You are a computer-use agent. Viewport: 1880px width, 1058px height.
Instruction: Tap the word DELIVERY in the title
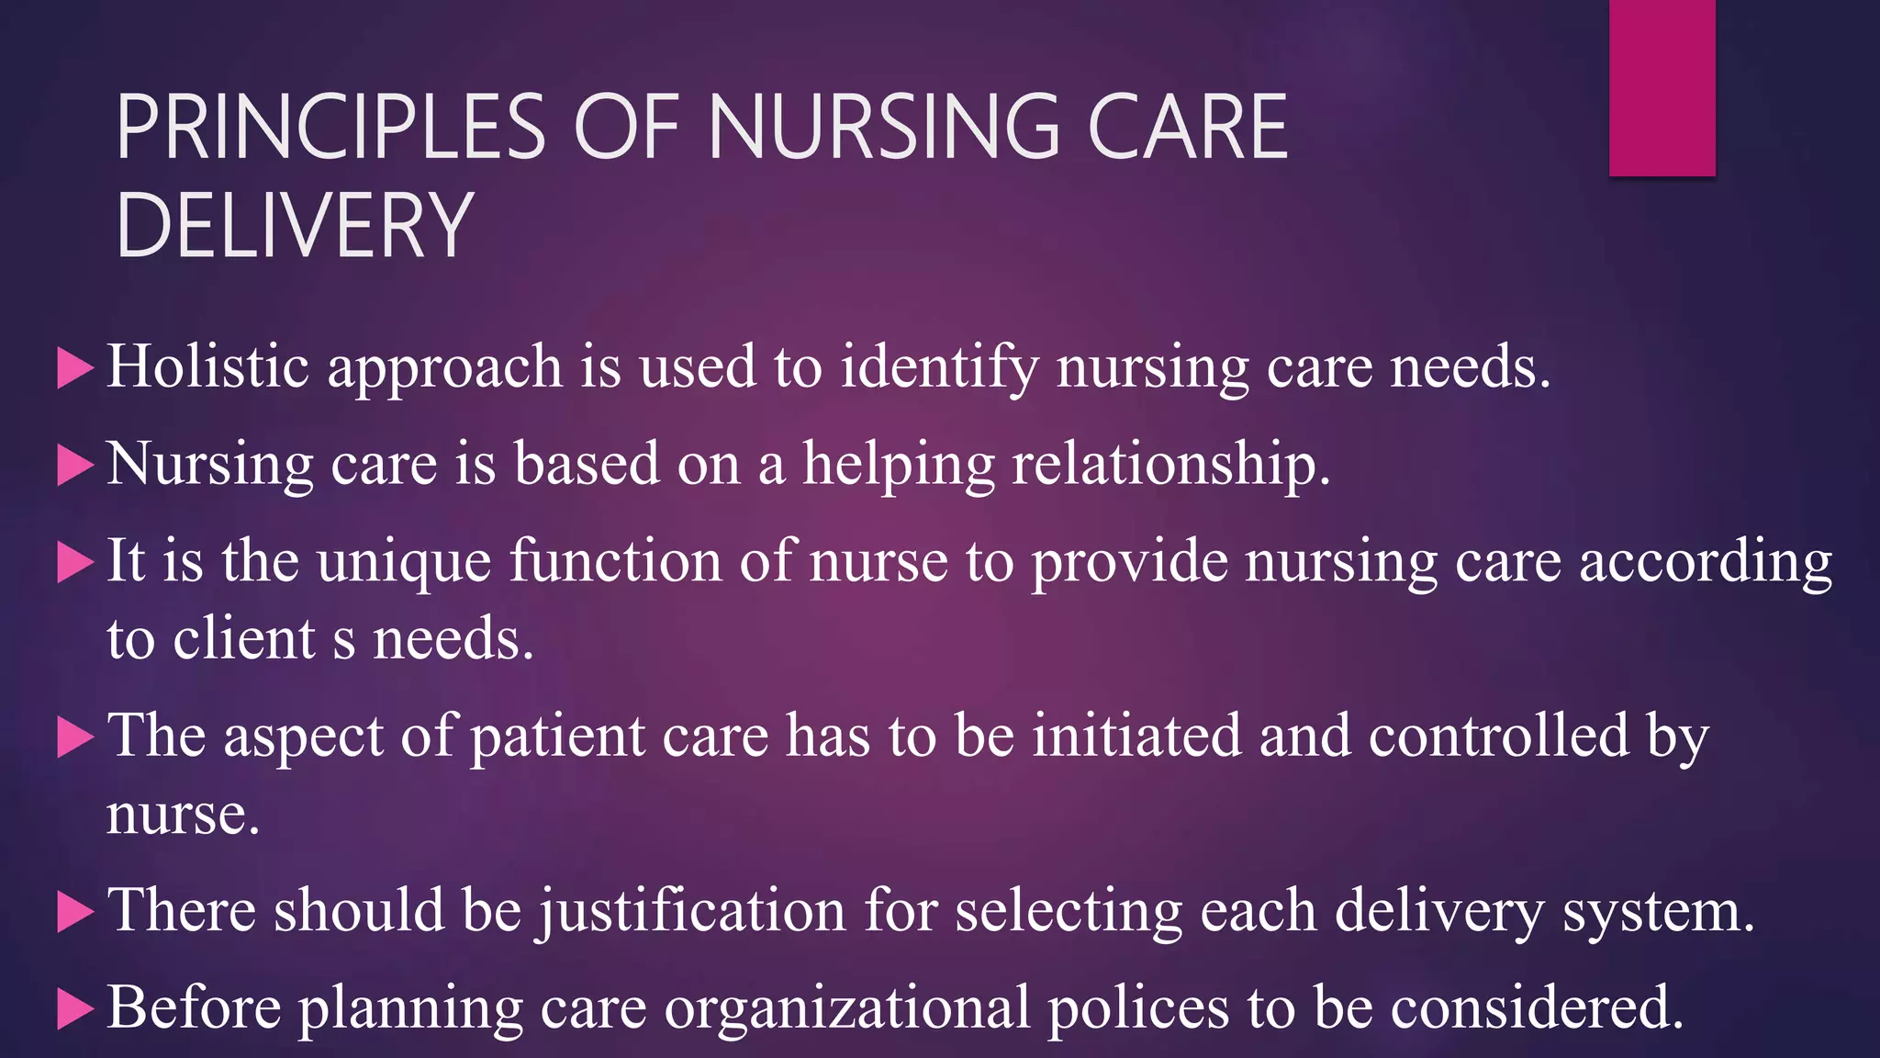[294, 225]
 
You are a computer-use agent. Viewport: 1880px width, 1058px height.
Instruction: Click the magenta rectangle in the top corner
[1662, 87]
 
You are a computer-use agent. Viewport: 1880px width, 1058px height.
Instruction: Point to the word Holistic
[207, 366]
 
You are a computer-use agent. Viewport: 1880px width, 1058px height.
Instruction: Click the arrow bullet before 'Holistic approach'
[75, 368]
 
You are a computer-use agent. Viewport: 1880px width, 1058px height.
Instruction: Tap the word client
[244, 638]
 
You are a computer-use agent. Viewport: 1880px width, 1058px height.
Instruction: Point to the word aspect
[303, 737]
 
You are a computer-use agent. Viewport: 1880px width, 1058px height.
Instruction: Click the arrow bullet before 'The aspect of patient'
[75, 737]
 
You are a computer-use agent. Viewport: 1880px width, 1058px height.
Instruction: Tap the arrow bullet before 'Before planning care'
[75, 1009]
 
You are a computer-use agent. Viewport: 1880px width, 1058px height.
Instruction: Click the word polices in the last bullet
[1138, 1007]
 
